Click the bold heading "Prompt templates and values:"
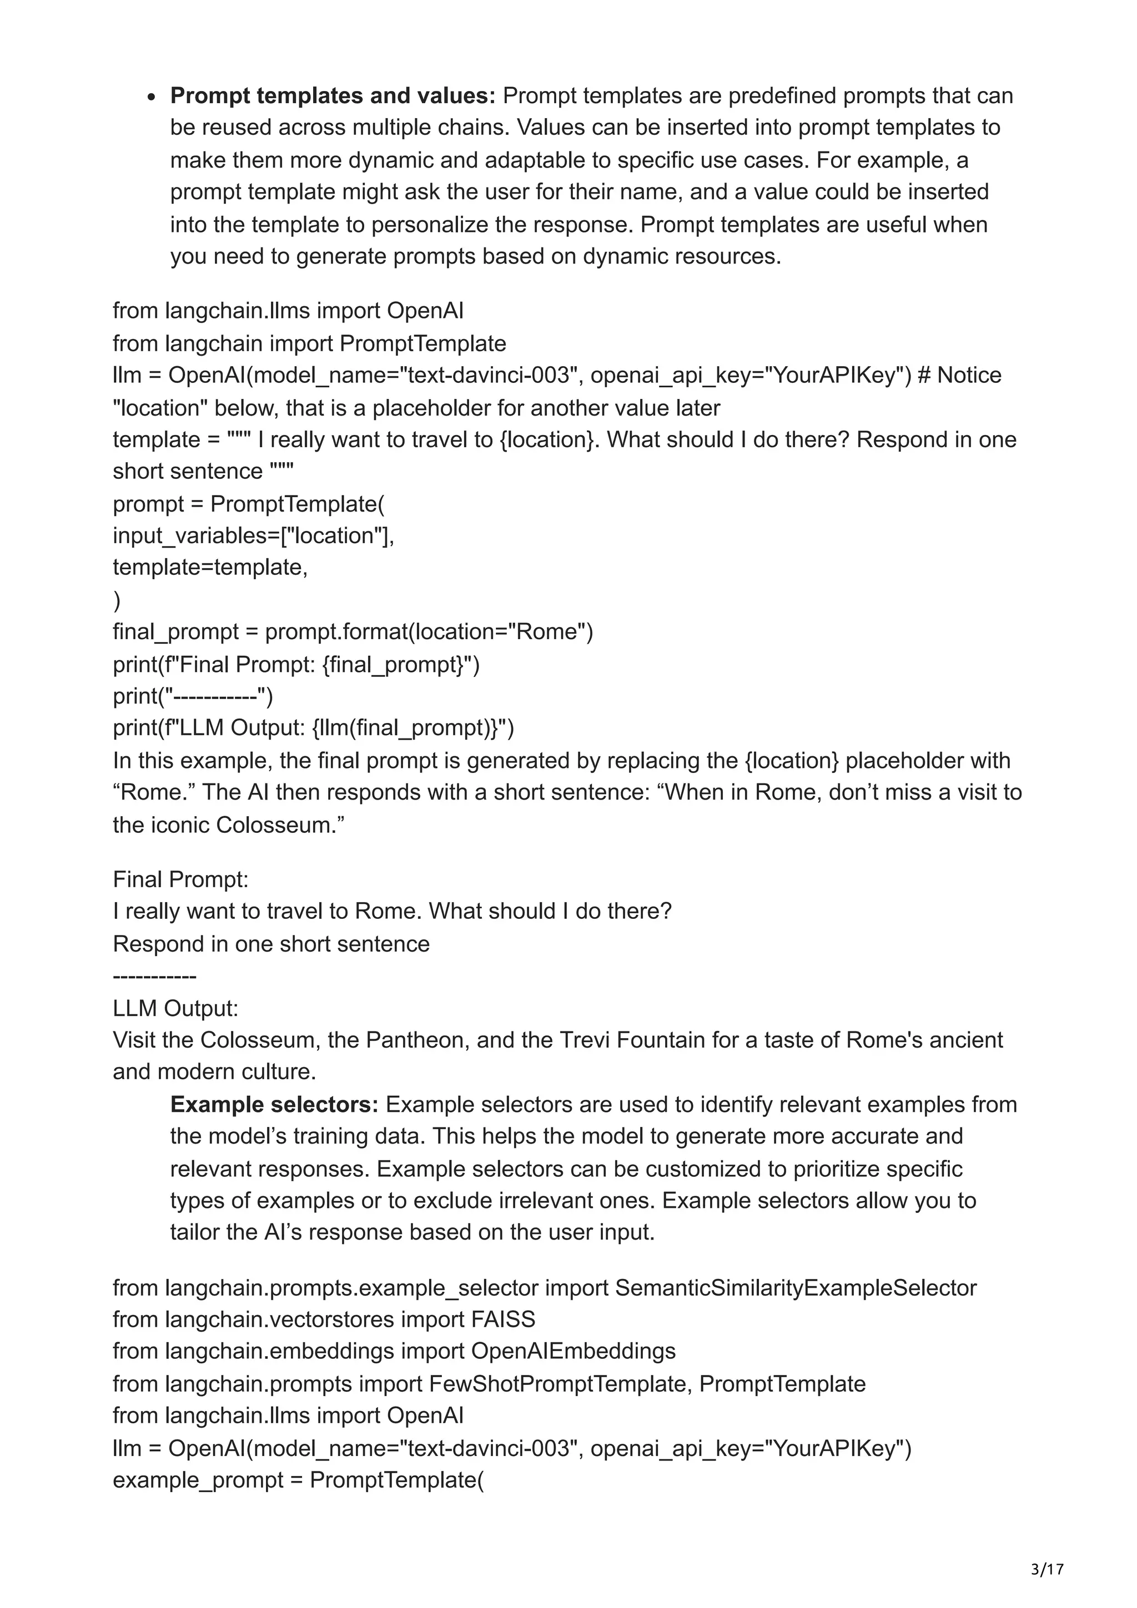coord(333,95)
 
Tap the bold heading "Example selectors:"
coord(274,1104)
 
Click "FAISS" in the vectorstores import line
coord(503,1319)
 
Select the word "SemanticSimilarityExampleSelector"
coord(796,1287)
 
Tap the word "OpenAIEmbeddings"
coord(573,1351)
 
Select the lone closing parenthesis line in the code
coord(116,600)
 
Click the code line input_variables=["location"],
coord(254,536)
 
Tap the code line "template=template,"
coord(210,567)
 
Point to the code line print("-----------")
coord(193,696)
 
